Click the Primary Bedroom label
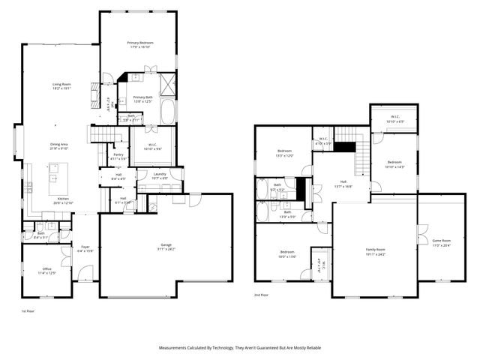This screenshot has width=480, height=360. point(139,44)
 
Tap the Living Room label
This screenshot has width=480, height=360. point(61,85)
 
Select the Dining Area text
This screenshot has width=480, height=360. point(59,145)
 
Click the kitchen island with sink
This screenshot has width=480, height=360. point(54,178)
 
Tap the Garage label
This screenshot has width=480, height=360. point(166,245)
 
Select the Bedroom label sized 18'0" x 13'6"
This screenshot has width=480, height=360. point(287,252)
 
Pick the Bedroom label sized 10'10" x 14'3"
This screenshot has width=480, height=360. point(394,163)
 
